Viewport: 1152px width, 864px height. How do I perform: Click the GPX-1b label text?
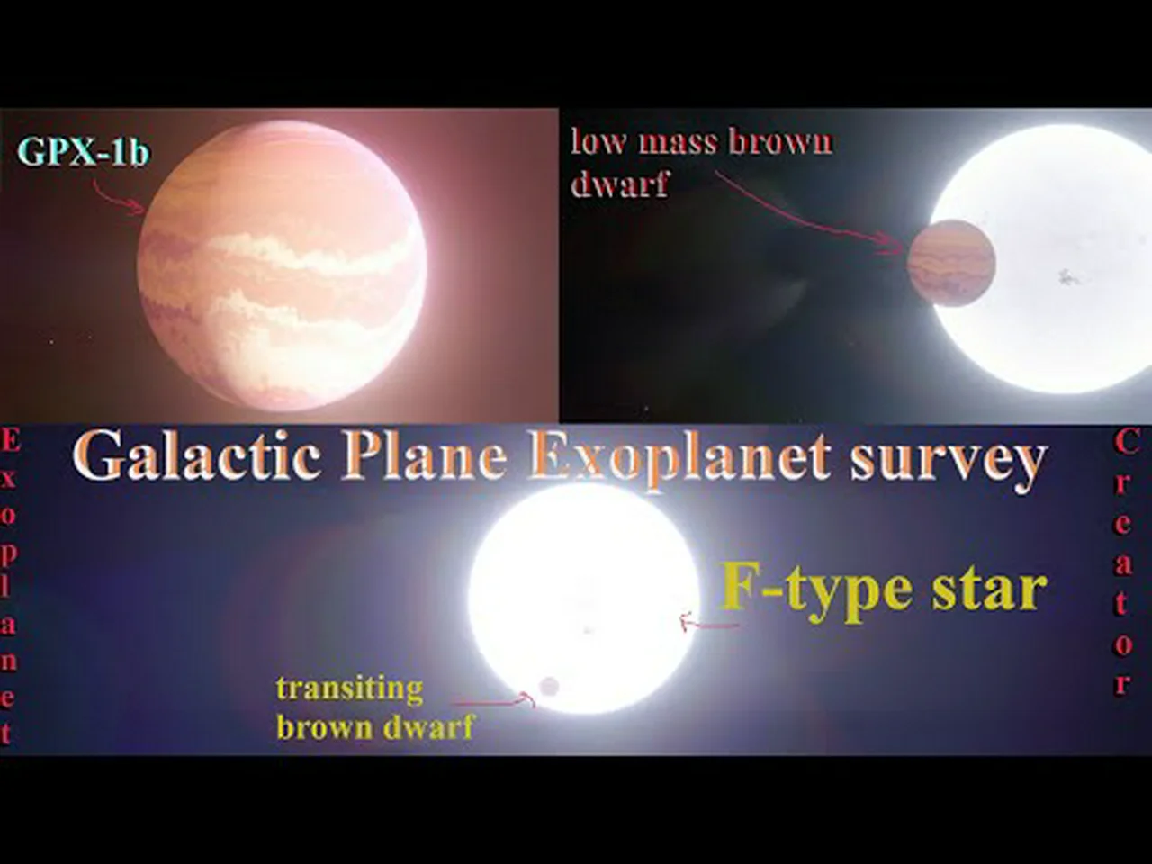pos(84,152)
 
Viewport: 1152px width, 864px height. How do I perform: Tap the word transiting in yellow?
pos(349,689)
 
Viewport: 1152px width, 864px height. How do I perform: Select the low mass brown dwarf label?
pos(701,163)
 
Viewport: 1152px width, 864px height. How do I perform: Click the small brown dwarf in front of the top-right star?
pos(951,263)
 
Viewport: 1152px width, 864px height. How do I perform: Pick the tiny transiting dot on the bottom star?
pos(549,686)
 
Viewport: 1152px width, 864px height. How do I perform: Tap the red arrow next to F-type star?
pos(709,623)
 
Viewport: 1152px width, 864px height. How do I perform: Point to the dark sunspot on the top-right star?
pos(1066,276)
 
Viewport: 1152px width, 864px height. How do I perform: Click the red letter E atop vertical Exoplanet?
pos(11,441)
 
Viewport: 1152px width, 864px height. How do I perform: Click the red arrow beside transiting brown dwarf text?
pos(493,700)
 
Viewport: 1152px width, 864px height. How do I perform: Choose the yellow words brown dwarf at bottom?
pos(374,726)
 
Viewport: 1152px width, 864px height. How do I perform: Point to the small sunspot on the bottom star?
pos(589,630)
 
